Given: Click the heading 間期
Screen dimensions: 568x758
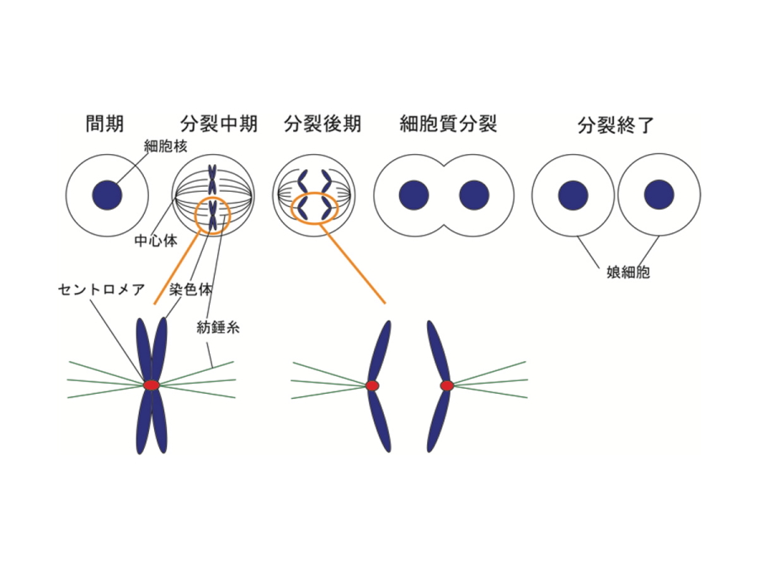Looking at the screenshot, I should tap(104, 125).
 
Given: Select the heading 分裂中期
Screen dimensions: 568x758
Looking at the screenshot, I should tap(218, 125).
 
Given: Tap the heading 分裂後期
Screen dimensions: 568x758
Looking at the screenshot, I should tap(323, 125).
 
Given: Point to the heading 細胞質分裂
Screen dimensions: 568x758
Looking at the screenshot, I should tap(448, 125).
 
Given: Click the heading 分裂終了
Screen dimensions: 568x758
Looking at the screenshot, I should tap(616, 126).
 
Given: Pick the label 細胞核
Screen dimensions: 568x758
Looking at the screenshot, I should tap(165, 146).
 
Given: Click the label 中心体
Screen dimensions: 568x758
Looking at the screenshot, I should tap(156, 240).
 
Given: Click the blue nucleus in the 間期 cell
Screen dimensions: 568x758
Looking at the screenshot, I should tap(107, 194).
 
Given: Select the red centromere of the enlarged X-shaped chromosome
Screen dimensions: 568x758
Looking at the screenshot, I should tap(152, 385).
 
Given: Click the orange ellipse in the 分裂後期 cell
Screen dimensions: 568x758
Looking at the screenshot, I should tap(314, 206).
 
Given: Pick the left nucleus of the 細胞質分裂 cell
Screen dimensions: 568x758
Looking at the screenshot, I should tap(415, 194).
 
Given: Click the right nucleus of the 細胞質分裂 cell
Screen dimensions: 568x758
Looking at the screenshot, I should tap(474, 194).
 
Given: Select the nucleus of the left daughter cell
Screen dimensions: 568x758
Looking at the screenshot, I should tap(574, 194).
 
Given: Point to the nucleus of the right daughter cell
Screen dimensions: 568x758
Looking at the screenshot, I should tap(659, 194).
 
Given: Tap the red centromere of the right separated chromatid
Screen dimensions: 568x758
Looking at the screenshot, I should tap(447, 385).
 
